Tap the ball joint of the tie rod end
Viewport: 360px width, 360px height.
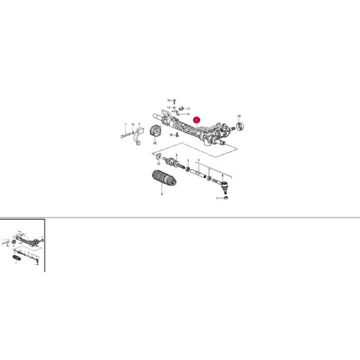coord(225,189)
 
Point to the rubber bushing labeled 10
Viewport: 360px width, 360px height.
coord(153,135)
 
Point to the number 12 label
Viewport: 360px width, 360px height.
coord(188,114)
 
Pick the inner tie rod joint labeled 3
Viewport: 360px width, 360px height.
coord(171,161)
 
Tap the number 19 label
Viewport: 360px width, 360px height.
coord(239,117)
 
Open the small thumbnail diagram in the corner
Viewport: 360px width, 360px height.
coord(23,245)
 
